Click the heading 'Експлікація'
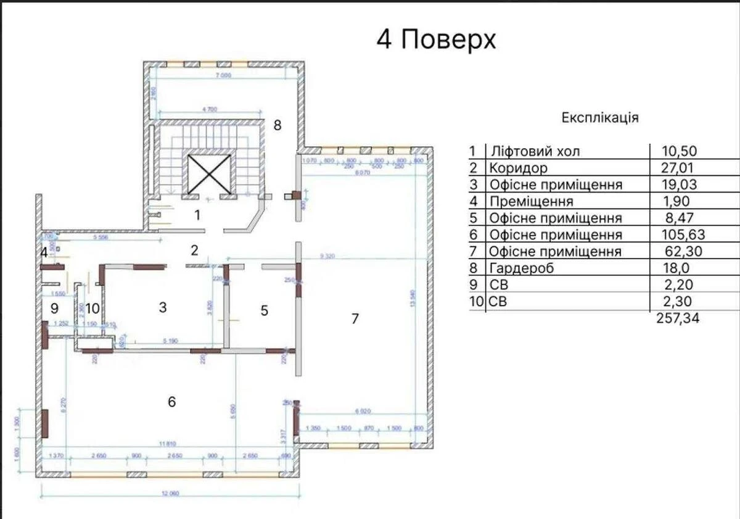(x=600, y=117)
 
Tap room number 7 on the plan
(x=355, y=319)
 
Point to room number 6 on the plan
(x=171, y=402)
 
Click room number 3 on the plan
(x=163, y=307)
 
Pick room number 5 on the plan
(x=264, y=310)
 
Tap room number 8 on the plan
(x=277, y=125)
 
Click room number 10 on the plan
(x=92, y=308)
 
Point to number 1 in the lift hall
(x=197, y=215)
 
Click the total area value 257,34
(x=676, y=318)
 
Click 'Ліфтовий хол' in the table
(x=534, y=151)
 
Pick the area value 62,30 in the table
(x=680, y=251)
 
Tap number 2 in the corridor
(x=194, y=250)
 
